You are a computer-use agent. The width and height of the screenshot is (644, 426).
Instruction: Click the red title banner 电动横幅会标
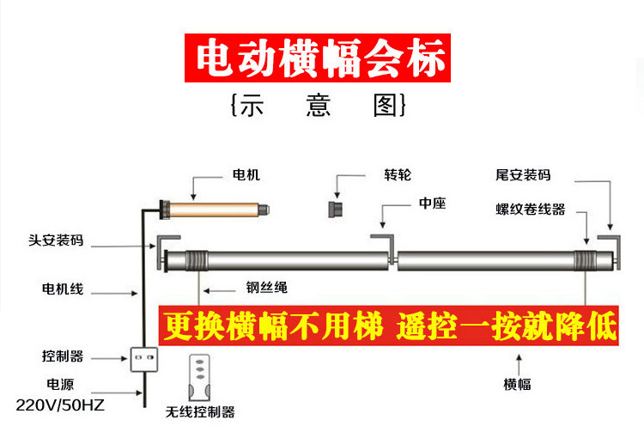(318, 58)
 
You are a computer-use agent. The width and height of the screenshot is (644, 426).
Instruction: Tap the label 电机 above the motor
(246, 175)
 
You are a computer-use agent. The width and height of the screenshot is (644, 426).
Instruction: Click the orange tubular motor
(215, 210)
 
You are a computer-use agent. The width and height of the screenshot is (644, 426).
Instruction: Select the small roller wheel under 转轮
(336, 209)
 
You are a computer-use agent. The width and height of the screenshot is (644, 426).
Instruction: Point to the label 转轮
(398, 175)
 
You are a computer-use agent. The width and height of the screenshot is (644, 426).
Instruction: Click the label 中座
(433, 204)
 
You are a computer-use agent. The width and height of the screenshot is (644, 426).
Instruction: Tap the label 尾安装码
(523, 175)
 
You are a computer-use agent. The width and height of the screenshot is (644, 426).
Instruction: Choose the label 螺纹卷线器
(531, 210)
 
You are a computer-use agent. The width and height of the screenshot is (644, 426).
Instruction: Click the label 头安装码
(56, 240)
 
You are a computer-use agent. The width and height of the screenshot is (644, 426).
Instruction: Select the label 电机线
(63, 289)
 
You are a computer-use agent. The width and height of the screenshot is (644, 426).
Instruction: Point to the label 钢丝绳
(267, 287)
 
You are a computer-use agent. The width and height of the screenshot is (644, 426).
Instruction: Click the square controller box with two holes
(144, 360)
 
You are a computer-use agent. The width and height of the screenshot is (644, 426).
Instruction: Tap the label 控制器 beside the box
(63, 356)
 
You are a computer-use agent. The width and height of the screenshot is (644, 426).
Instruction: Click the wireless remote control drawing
(199, 378)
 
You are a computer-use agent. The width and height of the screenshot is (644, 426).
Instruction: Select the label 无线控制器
(200, 412)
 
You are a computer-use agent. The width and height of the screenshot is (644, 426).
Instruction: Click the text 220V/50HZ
(60, 405)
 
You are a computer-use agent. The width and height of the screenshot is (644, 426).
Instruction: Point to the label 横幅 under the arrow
(517, 385)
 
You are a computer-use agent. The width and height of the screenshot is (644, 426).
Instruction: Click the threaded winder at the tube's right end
(586, 261)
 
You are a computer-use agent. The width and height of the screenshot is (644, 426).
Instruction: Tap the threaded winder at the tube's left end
(197, 261)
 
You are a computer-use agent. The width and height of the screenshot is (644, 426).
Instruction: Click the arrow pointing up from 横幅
(519, 364)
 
